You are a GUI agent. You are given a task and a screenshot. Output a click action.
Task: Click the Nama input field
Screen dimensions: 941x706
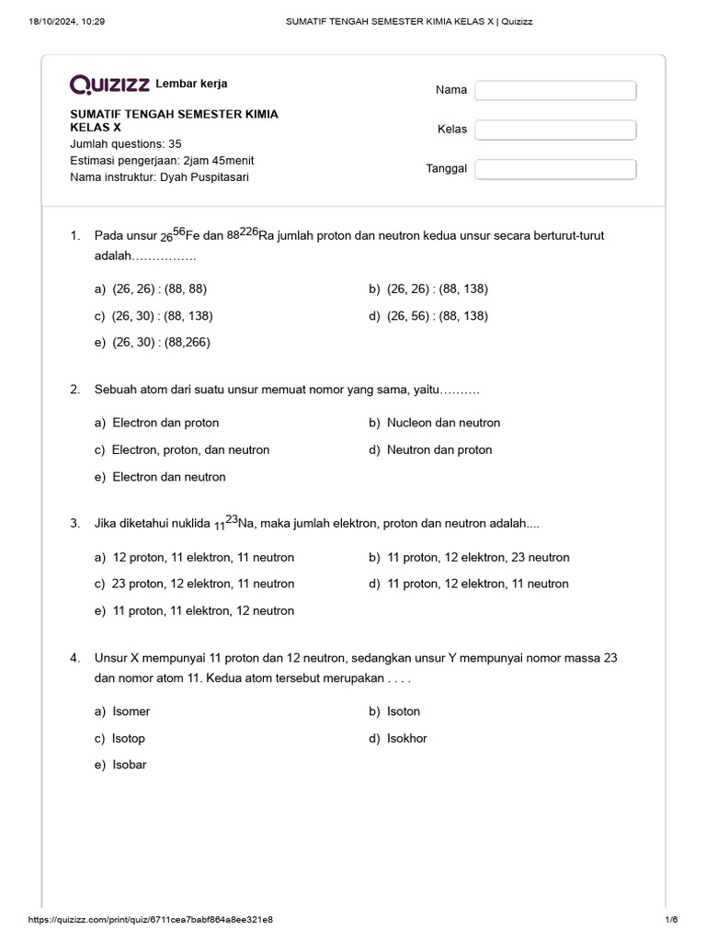[555, 90]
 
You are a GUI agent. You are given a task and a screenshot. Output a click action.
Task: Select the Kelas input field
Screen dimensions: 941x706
[555, 130]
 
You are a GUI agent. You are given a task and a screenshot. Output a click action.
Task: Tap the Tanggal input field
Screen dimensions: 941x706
[555, 169]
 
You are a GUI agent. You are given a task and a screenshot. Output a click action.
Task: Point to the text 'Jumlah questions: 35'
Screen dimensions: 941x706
[126, 143]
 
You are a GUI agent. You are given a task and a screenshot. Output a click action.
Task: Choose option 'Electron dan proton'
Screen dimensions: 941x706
[165, 423]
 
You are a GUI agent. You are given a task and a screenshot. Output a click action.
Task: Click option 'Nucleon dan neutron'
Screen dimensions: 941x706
[443, 423]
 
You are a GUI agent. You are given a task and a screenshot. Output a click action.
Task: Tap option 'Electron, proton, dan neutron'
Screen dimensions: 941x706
[190, 449]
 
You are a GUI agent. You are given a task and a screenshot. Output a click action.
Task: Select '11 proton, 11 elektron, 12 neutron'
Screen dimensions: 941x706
[203, 610]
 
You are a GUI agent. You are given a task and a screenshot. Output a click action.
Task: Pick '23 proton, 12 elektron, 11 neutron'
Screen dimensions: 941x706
[203, 584]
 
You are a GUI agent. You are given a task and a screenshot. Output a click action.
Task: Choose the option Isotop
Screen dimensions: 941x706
[129, 738]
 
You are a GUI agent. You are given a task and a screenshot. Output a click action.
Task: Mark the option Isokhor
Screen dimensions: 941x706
[406, 738]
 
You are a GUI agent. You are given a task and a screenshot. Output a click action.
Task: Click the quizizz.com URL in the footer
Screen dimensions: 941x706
[151, 920]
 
